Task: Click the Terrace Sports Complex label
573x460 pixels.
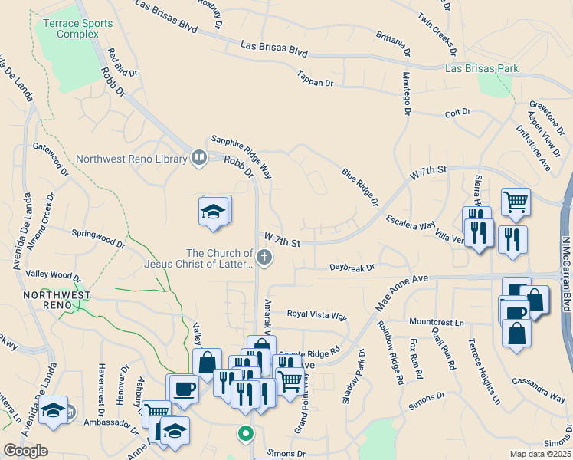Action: click(x=77, y=28)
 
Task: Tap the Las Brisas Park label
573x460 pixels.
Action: click(x=482, y=69)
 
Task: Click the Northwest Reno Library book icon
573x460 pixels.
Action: click(x=199, y=159)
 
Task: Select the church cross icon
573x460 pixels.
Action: click(x=264, y=258)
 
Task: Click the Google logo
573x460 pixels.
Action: click(x=25, y=451)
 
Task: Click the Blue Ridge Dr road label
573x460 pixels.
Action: click(x=360, y=188)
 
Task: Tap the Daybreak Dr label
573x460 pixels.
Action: click(x=352, y=268)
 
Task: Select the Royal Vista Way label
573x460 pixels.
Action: click(x=316, y=314)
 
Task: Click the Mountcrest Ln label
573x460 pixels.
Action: click(x=437, y=323)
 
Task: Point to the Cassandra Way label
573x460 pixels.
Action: click(x=539, y=397)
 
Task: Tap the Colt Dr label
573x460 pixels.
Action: click(x=457, y=113)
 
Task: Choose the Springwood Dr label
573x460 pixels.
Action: click(x=97, y=238)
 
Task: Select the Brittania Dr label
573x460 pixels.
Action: click(x=394, y=44)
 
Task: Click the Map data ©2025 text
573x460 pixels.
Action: click(x=540, y=454)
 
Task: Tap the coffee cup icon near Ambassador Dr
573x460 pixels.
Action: click(x=183, y=388)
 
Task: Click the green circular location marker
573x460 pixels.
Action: click(x=245, y=435)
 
